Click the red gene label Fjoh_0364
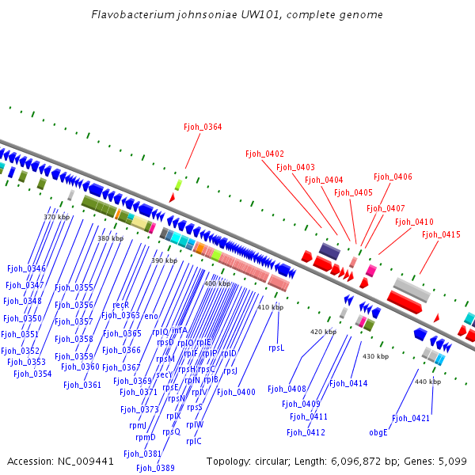pos(203,127)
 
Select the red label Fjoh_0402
pos(264,154)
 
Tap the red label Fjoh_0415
pos(441,234)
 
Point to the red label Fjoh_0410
pos(414,222)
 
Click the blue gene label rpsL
pos(276,348)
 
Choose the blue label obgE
pos(378,432)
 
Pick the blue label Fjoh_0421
pos(411,418)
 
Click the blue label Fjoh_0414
pos(348,384)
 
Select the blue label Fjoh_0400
pos(236,392)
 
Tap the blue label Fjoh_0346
pos(26,269)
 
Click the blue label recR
pos(121,305)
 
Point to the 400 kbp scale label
pos(217,283)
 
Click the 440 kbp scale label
pos(427,382)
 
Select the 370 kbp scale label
pos(56,217)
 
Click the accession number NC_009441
pos(87,461)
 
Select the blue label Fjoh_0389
pos(155,468)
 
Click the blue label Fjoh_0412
pos(306,432)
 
